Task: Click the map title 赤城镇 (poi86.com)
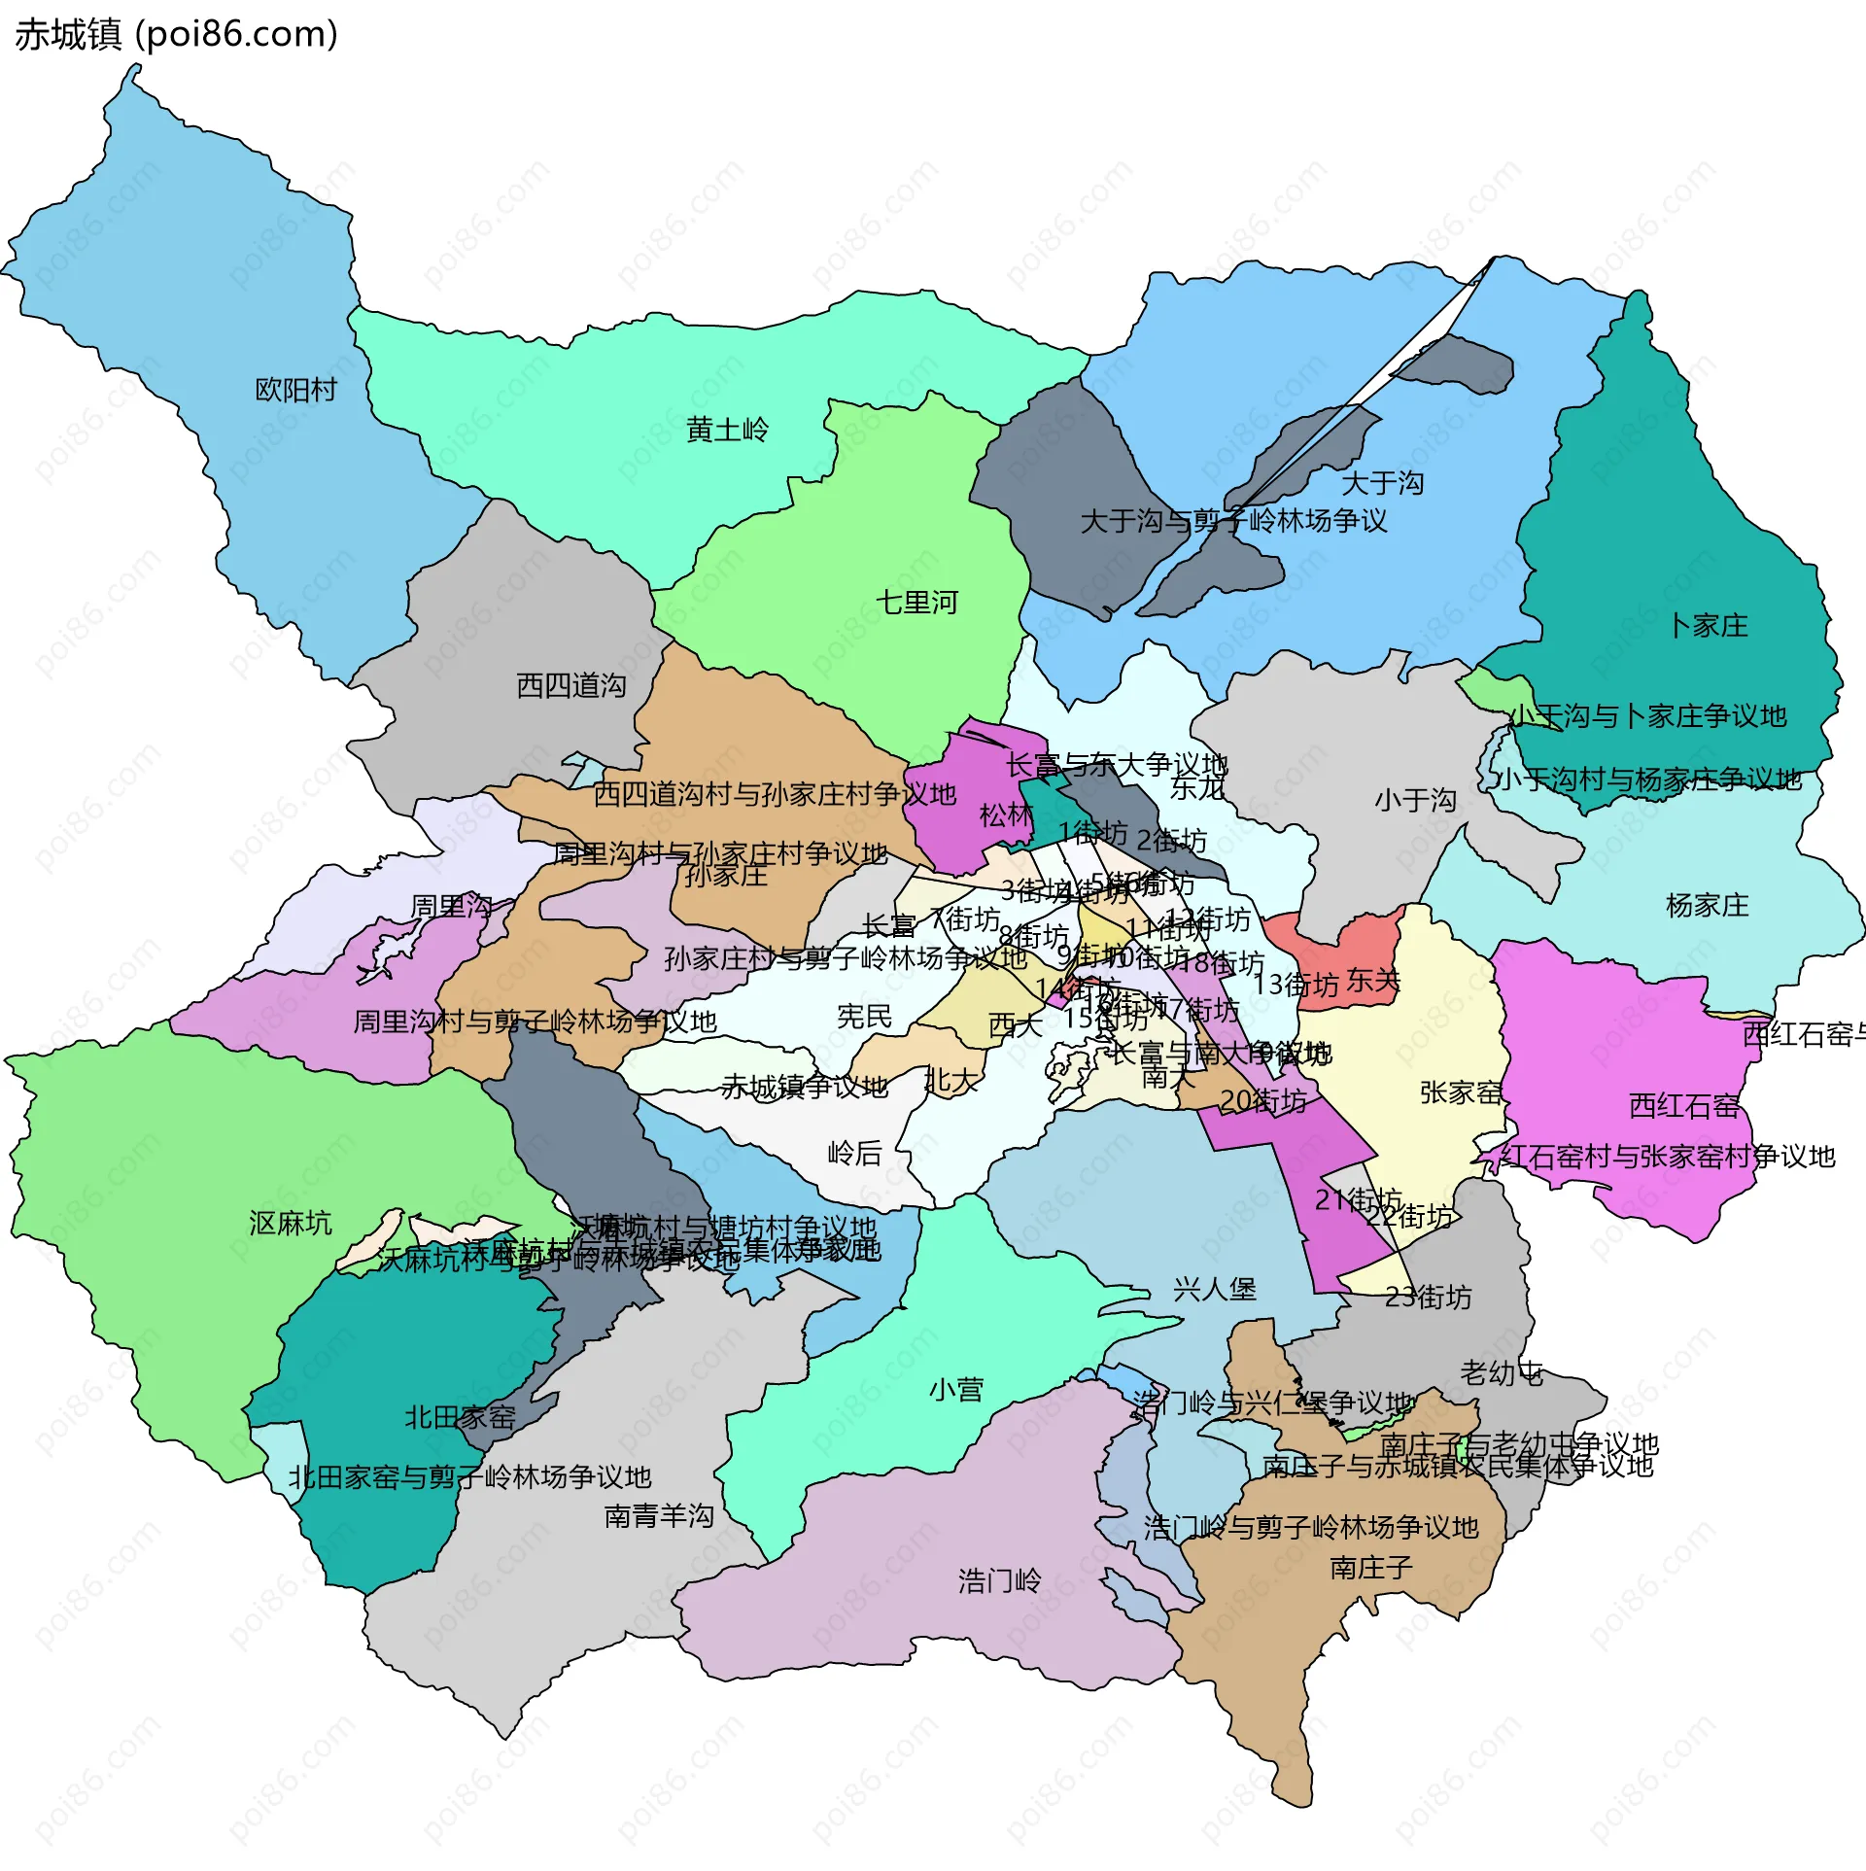pyautogui.click(x=176, y=35)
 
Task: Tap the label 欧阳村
pyautogui.click(x=295, y=391)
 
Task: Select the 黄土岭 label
pyautogui.click(x=727, y=430)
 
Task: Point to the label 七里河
pyautogui.click(x=916, y=603)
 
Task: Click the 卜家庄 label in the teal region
pyautogui.click(x=1708, y=626)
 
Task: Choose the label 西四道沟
pyautogui.click(x=571, y=686)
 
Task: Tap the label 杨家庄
pyautogui.click(x=1707, y=906)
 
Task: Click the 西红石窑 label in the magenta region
pyautogui.click(x=1683, y=1106)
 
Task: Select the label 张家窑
pyautogui.click(x=1461, y=1092)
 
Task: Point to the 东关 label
pyautogui.click(x=1373, y=981)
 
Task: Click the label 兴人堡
pyautogui.click(x=1214, y=1290)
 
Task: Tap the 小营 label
pyautogui.click(x=956, y=1390)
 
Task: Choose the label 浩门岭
pyautogui.click(x=999, y=1581)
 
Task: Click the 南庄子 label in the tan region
pyautogui.click(x=1370, y=1568)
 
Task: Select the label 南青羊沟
pyautogui.click(x=659, y=1516)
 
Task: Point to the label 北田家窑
pyautogui.click(x=460, y=1418)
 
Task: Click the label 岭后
pyautogui.click(x=854, y=1154)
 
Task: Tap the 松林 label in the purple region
pyautogui.click(x=1005, y=815)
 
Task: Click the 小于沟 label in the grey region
pyautogui.click(x=1415, y=801)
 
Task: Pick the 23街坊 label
pyautogui.click(x=1428, y=1298)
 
